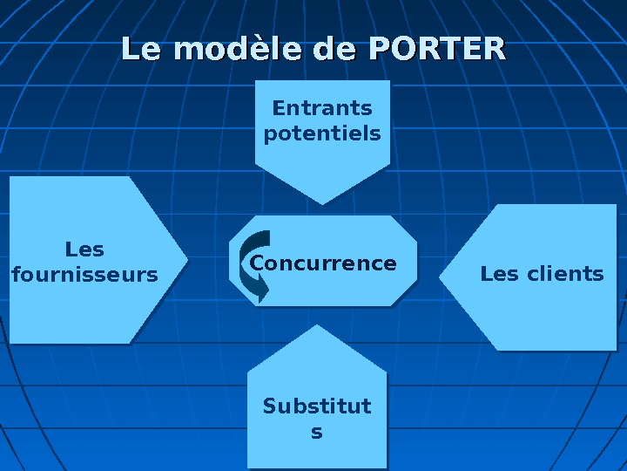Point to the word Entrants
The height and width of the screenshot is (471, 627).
pos(322,108)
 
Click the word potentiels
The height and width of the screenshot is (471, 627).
pos(322,133)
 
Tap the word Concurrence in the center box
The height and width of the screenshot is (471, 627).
pos(323,263)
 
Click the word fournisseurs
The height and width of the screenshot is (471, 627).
pos(85,276)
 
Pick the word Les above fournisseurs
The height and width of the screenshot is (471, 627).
pos(85,249)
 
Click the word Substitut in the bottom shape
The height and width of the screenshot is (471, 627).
pos(317,406)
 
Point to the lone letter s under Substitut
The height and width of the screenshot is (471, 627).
pos(317,432)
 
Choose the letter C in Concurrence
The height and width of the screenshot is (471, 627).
pos(257,263)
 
